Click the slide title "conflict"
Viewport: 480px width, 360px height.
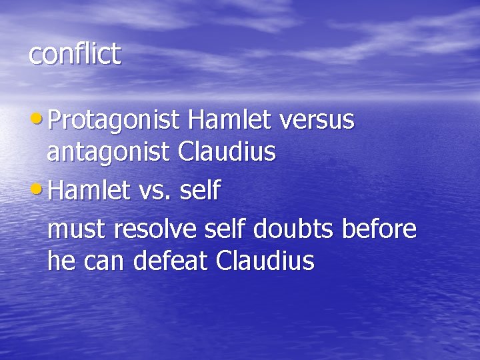(x=75, y=54)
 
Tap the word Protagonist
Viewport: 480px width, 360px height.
(x=114, y=121)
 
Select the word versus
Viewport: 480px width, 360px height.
(x=317, y=121)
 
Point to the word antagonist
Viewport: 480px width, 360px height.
(x=109, y=153)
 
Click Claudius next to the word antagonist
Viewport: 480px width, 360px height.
(x=227, y=152)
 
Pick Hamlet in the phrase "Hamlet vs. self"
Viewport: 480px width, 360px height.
(x=89, y=191)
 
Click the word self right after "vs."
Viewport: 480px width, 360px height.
(x=199, y=191)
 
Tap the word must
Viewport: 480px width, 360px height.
(x=77, y=230)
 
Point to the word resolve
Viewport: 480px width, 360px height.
(x=156, y=229)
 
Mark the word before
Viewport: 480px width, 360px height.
(x=379, y=229)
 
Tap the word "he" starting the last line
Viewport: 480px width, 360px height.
(x=61, y=261)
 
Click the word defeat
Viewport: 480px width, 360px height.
(x=171, y=261)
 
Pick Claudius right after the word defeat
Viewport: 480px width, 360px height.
(x=265, y=261)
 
